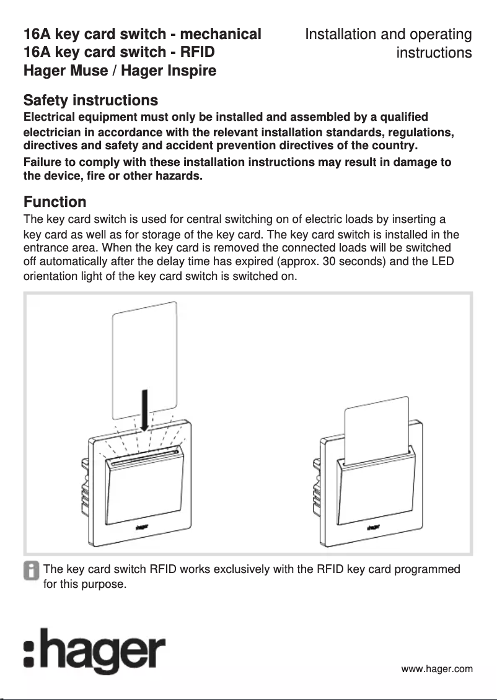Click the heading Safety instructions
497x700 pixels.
pyautogui.click(x=90, y=100)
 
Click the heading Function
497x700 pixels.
pyautogui.click(x=55, y=202)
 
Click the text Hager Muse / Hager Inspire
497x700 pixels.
pyautogui.click(x=120, y=71)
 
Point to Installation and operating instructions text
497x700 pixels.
pyautogui.click(x=389, y=43)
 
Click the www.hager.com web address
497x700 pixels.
pyautogui.click(x=437, y=668)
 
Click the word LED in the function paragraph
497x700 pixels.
pyautogui.click(x=444, y=262)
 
